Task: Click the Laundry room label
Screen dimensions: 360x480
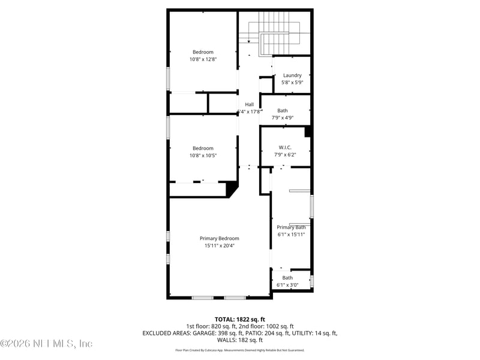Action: (x=292, y=75)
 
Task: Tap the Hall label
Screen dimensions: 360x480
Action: (x=249, y=104)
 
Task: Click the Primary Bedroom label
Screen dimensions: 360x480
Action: (x=219, y=238)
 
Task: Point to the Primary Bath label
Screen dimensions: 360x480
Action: (x=291, y=227)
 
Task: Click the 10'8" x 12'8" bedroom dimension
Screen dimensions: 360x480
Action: (x=203, y=59)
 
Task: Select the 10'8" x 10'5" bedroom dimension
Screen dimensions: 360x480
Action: (x=203, y=155)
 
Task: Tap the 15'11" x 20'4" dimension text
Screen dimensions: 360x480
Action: (x=219, y=245)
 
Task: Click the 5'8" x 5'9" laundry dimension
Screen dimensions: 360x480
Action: (x=292, y=82)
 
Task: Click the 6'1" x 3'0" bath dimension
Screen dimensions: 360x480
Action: (x=287, y=285)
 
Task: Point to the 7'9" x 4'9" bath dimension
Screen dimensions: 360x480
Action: (x=282, y=118)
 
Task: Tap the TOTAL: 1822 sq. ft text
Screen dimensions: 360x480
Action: (x=239, y=319)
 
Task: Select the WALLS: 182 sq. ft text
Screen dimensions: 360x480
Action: (x=239, y=340)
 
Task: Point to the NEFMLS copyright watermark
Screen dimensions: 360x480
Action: (x=46, y=344)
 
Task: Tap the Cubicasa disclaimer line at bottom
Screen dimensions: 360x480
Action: (x=239, y=350)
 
